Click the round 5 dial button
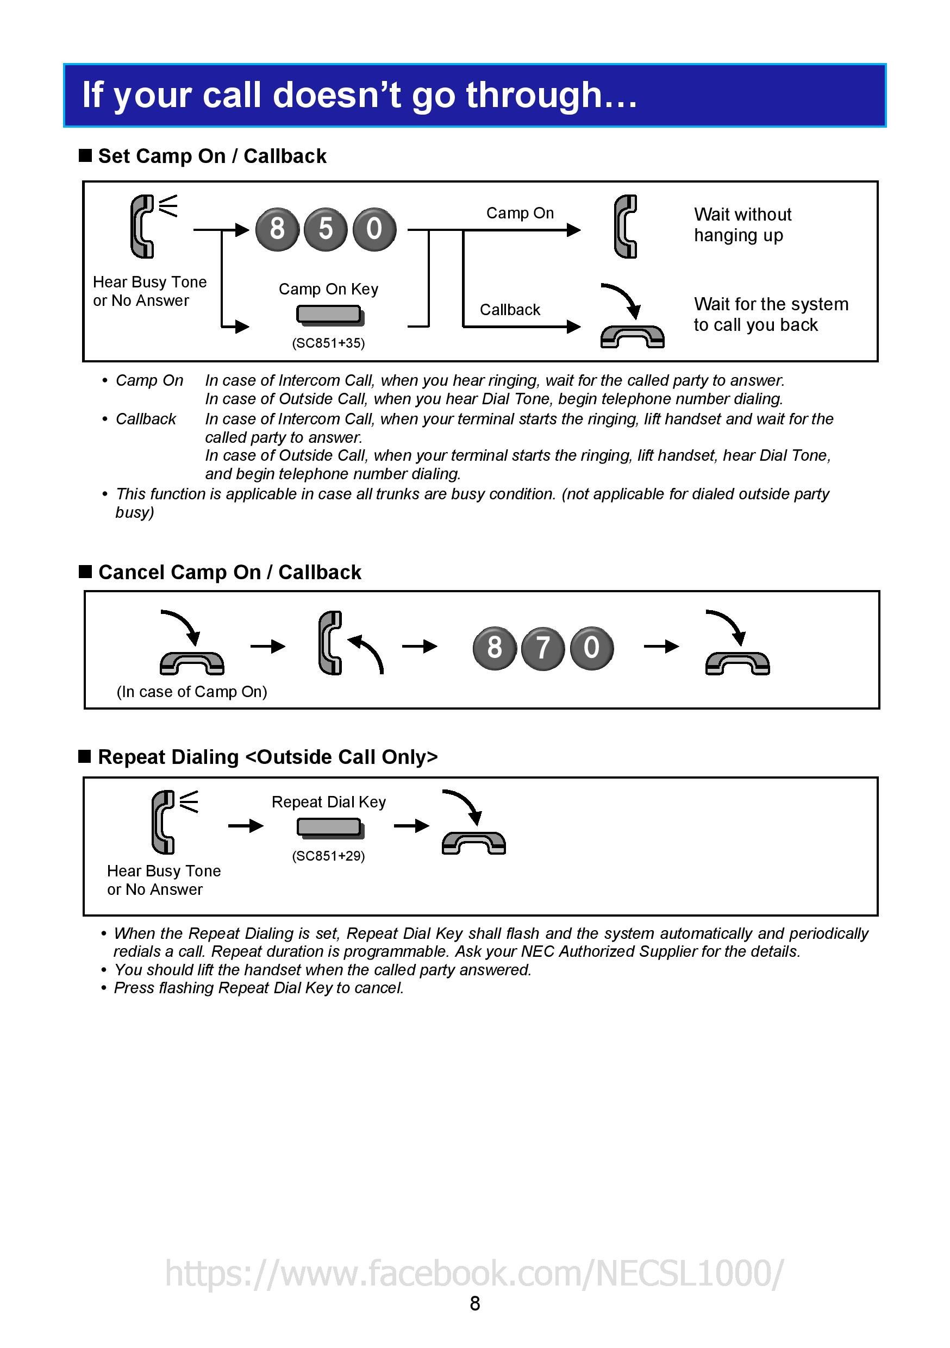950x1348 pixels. [326, 229]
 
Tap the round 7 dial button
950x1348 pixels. [543, 648]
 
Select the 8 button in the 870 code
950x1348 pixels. [495, 648]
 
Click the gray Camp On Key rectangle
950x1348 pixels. [329, 315]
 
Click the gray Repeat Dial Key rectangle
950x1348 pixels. [329, 827]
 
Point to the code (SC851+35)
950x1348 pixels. [328, 343]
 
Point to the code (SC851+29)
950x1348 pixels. [328, 856]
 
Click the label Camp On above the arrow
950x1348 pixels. [520, 213]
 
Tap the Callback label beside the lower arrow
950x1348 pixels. [510, 310]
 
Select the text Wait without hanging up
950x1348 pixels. [742, 225]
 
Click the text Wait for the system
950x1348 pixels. [771, 304]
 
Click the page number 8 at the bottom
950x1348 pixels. [475, 1303]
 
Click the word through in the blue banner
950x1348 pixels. [534, 95]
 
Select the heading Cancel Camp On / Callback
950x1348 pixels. [229, 573]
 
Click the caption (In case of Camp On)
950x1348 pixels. [192, 692]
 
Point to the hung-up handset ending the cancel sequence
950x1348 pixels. [737, 663]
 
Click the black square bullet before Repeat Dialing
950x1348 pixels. [85, 757]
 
